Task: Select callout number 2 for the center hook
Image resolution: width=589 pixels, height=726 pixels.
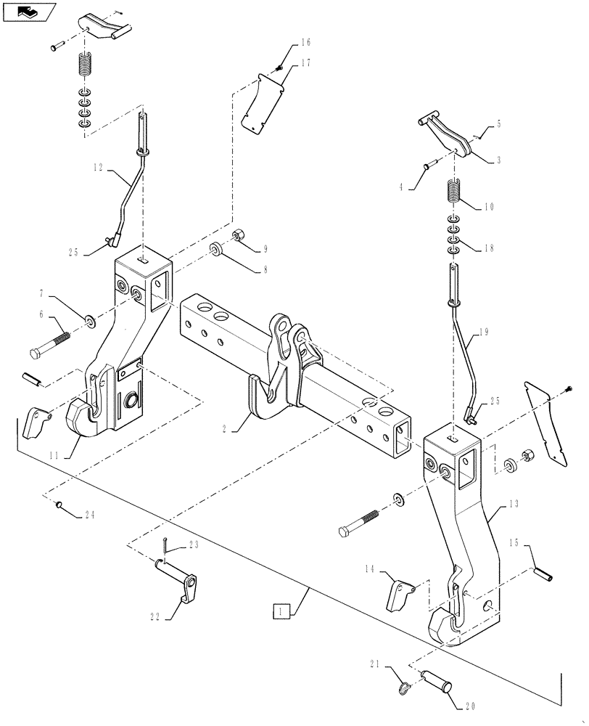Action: pos(226,429)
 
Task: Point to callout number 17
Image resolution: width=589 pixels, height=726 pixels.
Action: pos(305,64)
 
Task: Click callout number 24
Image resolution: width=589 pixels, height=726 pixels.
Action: pos(89,516)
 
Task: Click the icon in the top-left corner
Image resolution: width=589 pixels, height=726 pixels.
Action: pos(28,12)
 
